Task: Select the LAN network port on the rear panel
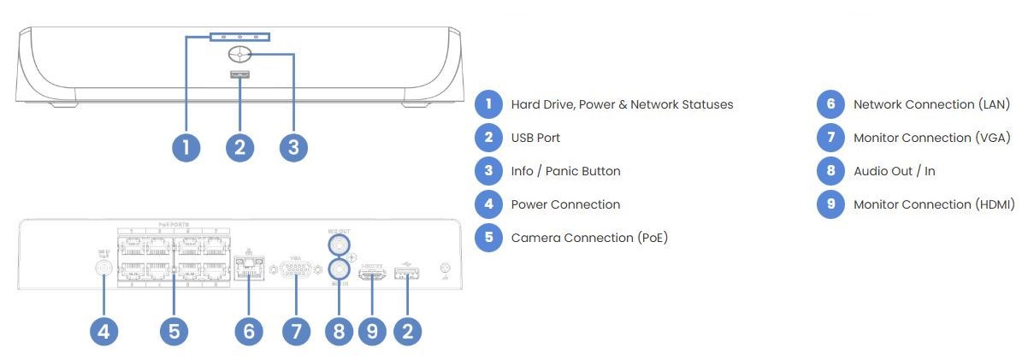pos(248,269)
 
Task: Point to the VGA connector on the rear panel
pos(296,270)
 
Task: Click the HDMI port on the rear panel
pos(372,274)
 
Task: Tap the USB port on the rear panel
pos(407,274)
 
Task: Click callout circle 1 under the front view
pos(186,147)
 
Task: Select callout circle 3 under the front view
pos(293,147)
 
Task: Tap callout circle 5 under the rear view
pos(174,331)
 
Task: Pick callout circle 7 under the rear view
pos(297,331)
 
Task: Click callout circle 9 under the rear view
pos(372,331)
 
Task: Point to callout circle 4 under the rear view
pos(104,331)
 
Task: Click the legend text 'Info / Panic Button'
pos(565,171)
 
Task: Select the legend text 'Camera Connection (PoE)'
pos(589,238)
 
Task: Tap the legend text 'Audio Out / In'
pos(894,171)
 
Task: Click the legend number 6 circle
pos(830,104)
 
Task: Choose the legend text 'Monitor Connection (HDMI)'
pos(934,204)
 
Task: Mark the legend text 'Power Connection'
pos(565,204)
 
